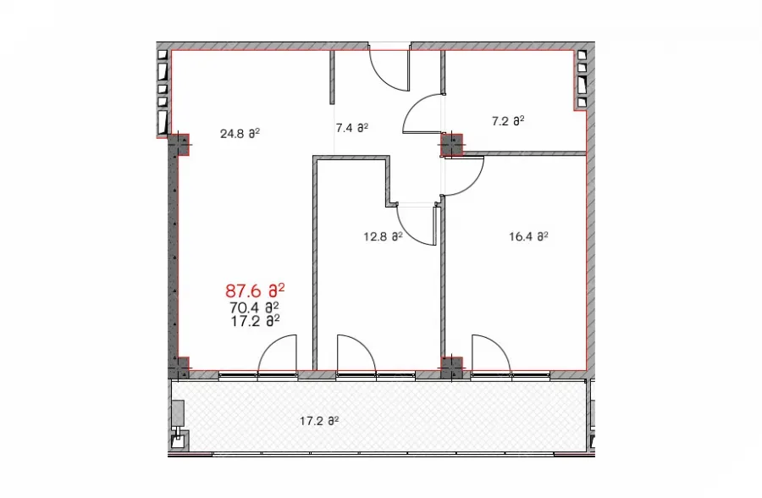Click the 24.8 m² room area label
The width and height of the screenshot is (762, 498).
[240, 133]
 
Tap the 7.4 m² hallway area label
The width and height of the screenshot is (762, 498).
[351, 128]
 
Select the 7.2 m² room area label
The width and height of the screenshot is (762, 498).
[508, 120]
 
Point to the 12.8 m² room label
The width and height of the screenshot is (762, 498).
[383, 237]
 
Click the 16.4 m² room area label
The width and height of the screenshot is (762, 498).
[528, 237]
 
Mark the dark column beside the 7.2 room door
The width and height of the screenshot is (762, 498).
[452, 145]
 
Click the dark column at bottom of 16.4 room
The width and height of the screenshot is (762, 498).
[452, 368]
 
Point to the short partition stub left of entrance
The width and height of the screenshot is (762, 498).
[333, 77]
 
